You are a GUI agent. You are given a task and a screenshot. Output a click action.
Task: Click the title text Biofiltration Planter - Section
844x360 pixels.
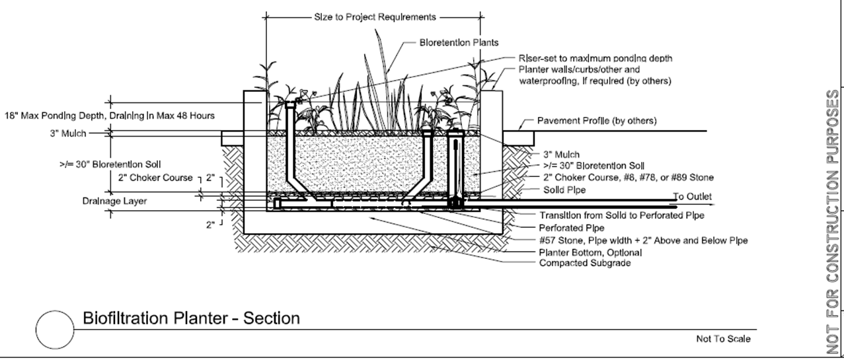coord(191,318)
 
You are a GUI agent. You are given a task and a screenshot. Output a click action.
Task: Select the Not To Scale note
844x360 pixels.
coord(723,339)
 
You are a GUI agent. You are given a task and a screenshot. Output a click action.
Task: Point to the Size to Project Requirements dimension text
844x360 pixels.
coord(375,17)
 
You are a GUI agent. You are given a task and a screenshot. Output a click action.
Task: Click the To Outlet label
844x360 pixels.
coord(693,196)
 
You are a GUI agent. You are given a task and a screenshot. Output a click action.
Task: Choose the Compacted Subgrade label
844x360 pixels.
coord(585,263)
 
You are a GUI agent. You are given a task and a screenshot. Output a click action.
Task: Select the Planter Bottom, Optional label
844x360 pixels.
coord(590,252)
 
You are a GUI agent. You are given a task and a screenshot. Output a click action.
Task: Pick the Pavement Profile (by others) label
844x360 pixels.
coord(596,121)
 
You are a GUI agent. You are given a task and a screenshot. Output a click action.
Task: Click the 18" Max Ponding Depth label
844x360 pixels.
coord(110,116)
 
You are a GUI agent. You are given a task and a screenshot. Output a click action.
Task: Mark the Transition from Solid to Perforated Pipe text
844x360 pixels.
coord(621,215)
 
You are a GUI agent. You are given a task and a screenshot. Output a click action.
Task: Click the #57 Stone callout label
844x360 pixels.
coord(644,240)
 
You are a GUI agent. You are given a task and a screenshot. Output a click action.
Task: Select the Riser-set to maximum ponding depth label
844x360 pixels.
coord(595,58)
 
